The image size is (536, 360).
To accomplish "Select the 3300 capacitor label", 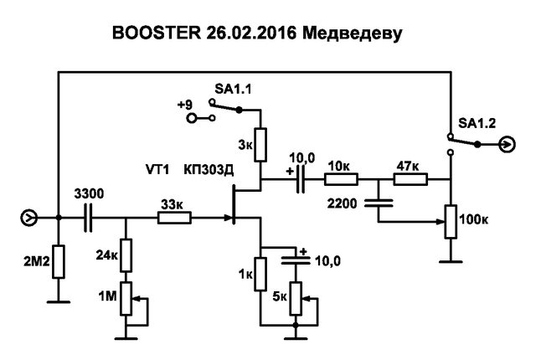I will pyautogui.click(x=89, y=194).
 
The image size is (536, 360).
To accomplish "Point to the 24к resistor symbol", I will pyautogui.click(x=126, y=255).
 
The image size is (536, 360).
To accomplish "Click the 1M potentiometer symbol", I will pyautogui.click(x=126, y=299).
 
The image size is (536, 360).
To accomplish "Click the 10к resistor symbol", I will pyautogui.click(x=343, y=178).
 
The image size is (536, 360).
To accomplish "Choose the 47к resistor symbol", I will pyautogui.click(x=410, y=178).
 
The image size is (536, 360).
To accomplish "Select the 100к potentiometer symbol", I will pyautogui.click(x=451, y=221).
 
